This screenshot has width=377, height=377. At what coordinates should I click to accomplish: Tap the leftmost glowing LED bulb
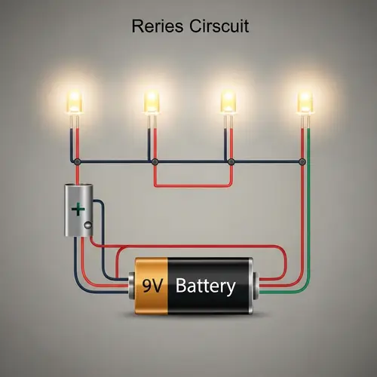pos(75,100)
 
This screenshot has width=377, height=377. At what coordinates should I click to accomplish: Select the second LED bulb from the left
pos(152,100)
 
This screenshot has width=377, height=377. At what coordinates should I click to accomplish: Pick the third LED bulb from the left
pos(228,100)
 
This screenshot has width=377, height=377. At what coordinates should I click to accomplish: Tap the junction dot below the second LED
pos(155,161)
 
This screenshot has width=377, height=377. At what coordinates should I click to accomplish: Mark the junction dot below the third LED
pos(231,161)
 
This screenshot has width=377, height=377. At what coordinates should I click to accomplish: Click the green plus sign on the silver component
pos(77,209)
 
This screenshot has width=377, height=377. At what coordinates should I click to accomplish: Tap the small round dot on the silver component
pos(88,224)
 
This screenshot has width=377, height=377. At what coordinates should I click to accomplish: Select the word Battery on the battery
pos(205,287)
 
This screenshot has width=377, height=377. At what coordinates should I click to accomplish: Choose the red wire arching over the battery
pos(196,246)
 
